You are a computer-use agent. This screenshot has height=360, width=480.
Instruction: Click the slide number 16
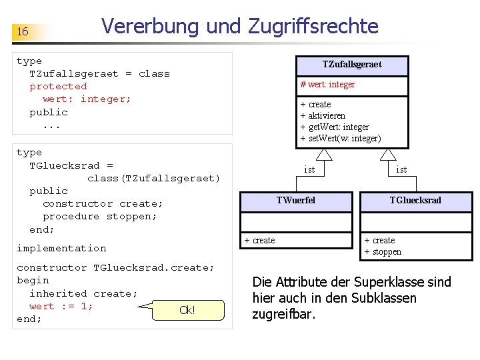(x=23, y=32)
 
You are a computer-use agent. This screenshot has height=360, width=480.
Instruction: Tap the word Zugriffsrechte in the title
(x=313, y=27)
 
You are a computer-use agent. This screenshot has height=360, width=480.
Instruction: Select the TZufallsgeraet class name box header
(x=352, y=65)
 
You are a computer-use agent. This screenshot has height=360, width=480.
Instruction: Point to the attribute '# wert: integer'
(x=328, y=85)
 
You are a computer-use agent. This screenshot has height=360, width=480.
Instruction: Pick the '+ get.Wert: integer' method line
(x=335, y=127)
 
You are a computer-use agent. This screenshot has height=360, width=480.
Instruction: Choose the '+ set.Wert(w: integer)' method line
(x=341, y=139)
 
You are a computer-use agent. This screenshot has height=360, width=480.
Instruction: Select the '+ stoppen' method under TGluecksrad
(x=383, y=252)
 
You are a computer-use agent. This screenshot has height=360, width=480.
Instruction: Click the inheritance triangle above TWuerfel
(x=324, y=155)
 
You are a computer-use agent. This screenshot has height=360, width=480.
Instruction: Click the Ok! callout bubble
(x=187, y=310)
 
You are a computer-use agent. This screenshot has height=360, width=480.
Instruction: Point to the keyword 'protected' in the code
(x=58, y=87)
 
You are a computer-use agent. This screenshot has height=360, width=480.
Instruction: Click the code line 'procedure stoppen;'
(x=99, y=217)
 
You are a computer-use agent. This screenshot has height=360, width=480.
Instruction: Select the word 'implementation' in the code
(x=61, y=249)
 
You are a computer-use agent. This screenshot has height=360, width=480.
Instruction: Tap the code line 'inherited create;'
(x=83, y=294)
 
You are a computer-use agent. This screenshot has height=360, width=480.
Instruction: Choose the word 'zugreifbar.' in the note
(x=281, y=314)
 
